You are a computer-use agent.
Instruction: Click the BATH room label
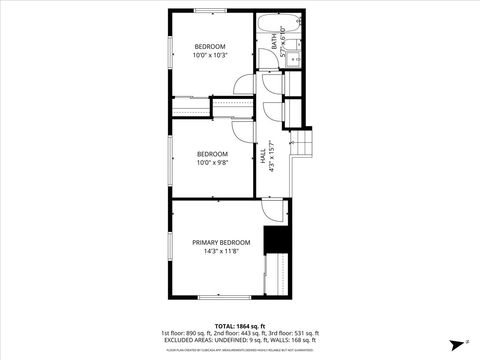point(275,42)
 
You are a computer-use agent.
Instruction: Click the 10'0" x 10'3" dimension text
point(210,56)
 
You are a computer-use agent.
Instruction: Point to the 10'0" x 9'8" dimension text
point(212,162)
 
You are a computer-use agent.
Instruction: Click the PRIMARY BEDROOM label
point(221,243)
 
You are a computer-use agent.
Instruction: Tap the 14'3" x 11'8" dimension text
point(221,252)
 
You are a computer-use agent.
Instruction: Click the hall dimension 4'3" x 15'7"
point(272,156)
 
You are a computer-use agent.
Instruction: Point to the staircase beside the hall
point(302,146)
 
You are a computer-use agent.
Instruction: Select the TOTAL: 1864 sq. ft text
point(239,325)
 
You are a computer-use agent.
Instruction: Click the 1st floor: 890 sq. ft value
point(185,333)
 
